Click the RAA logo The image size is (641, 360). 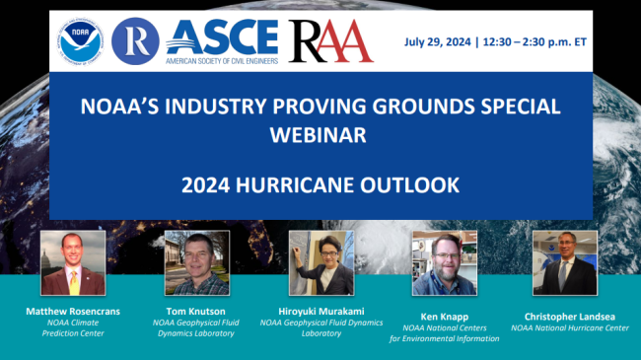click(x=331, y=40)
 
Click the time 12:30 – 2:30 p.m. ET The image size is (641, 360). click(x=555, y=41)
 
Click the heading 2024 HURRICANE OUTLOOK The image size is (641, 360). click(x=320, y=185)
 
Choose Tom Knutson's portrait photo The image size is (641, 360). click(x=196, y=263)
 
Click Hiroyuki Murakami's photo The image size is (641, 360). click(x=320, y=263)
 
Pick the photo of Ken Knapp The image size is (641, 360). click(x=444, y=263)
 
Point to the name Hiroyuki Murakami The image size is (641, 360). click(x=321, y=311)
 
